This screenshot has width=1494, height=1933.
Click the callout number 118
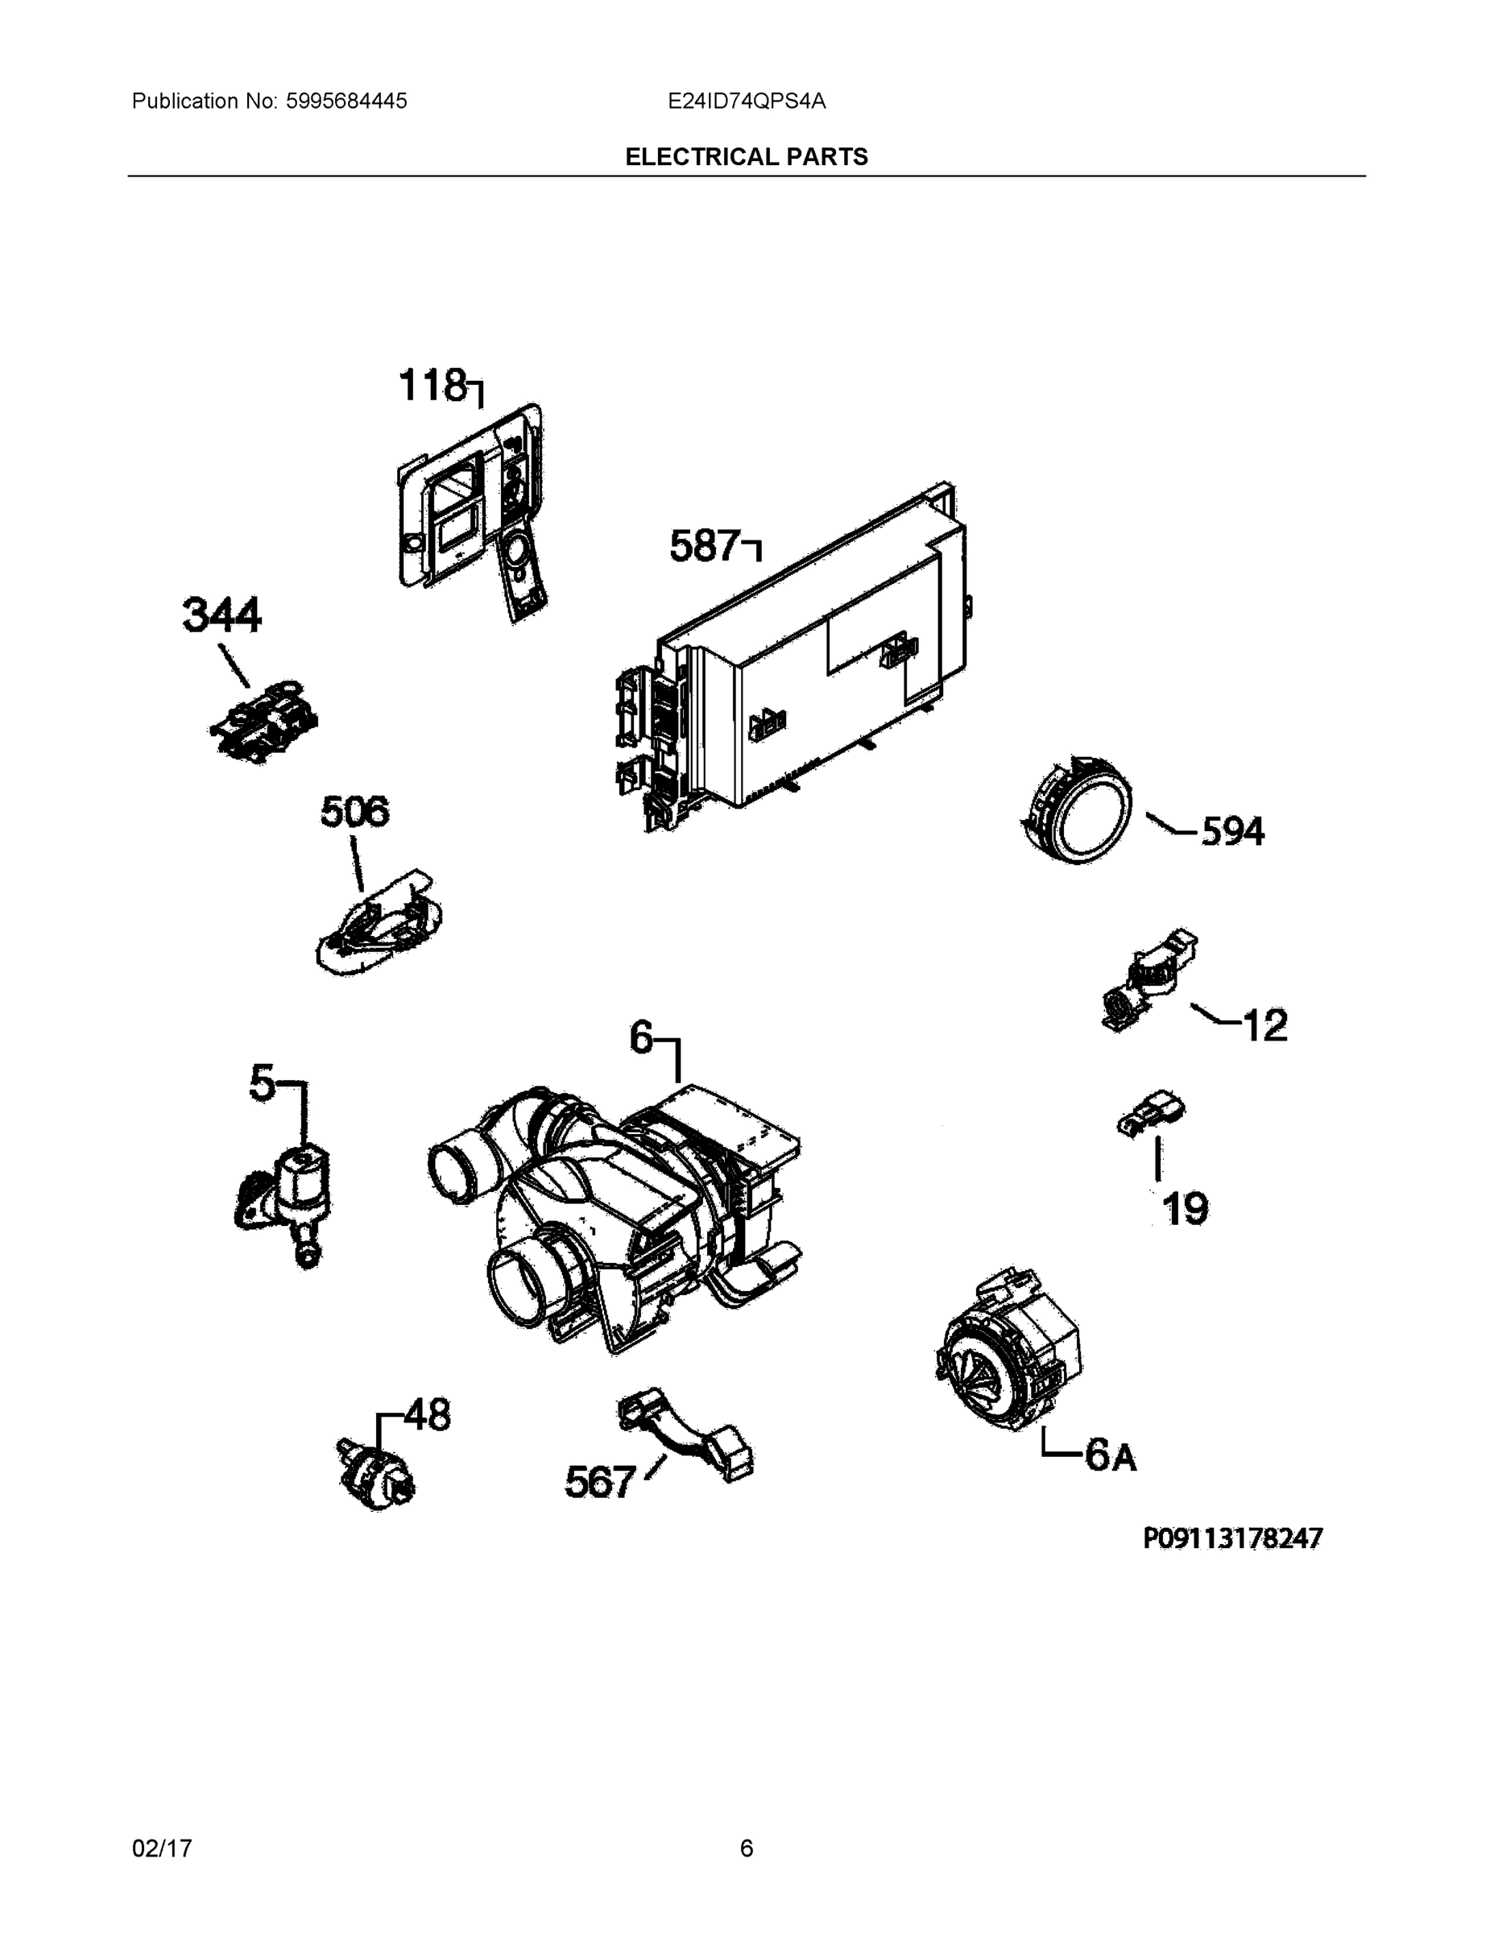click(x=432, y=385)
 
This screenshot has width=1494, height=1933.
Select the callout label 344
click(x=221, y=615)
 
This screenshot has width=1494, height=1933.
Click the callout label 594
click(x=1232, y=831)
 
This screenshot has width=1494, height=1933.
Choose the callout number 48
click(x=428, y=1414)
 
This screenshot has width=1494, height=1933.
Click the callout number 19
click(x=1185, y=1208)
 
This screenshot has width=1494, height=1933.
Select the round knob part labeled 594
click(x=1075, y=809)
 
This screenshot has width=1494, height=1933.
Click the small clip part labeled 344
click(x=263, y=718)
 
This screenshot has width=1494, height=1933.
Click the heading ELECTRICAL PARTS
click(x=746, y=157)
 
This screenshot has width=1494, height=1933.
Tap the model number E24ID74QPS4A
click(x=746, y=101)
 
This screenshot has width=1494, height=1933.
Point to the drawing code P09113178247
click(x=1232, y=1538)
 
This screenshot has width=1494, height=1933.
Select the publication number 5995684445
click(x=346, y=101)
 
